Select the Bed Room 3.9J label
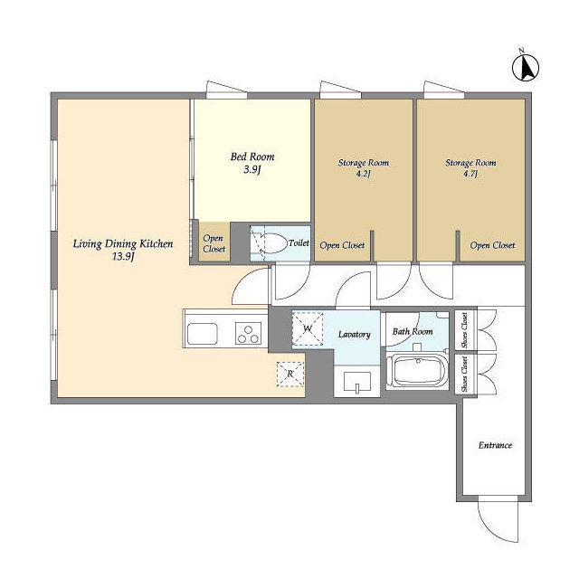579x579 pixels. point(252,163)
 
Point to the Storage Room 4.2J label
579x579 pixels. point(364,168)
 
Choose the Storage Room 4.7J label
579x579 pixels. point(470,168)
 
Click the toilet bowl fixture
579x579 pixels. point(271,243)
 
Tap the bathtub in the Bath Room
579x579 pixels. point(417,370)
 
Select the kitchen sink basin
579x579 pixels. point(202,334)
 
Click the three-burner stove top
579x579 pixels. point(249,334)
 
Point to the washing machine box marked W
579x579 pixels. point(308,329)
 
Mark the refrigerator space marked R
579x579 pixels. point(290,374)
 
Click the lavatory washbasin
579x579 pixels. point(357,382)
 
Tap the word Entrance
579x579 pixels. point(495,445)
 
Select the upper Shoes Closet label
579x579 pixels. point(464,329)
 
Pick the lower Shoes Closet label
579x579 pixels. point(464,375)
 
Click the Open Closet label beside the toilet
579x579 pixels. point(214,243)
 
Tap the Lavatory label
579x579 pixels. point(355,334)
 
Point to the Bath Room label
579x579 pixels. point(413,331)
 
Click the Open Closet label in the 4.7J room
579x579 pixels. point(492,245)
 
